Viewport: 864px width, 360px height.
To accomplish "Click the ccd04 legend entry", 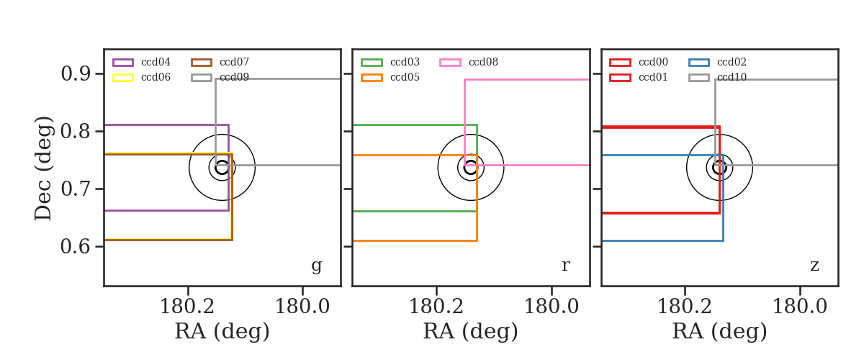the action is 142,62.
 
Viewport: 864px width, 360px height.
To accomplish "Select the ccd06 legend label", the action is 156,77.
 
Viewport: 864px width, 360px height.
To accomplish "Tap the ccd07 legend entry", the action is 220,62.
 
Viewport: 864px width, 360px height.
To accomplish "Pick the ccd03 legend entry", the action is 390,62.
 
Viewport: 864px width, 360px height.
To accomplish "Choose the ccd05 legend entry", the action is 390,77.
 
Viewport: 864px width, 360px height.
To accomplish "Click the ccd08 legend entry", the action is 469,62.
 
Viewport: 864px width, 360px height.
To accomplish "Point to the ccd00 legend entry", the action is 639,62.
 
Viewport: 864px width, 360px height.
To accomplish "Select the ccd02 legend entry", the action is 717,62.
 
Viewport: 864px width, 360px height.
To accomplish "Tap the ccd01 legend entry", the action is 639,77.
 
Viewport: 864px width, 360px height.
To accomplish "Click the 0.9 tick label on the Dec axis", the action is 76,73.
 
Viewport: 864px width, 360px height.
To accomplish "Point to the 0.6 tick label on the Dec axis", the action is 76,246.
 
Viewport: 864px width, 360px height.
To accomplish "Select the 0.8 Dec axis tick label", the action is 76,131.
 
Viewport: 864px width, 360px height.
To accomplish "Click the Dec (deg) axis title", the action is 42,168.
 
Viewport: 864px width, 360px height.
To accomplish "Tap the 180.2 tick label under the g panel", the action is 187,307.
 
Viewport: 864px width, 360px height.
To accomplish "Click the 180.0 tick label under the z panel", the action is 800,307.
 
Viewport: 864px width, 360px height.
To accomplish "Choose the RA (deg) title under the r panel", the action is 471,331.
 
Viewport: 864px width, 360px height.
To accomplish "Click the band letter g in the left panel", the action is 316,266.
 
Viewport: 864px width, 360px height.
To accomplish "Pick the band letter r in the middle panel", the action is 565,265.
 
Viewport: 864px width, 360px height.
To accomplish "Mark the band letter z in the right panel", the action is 814,266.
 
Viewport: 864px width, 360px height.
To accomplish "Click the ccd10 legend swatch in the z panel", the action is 698,78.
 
